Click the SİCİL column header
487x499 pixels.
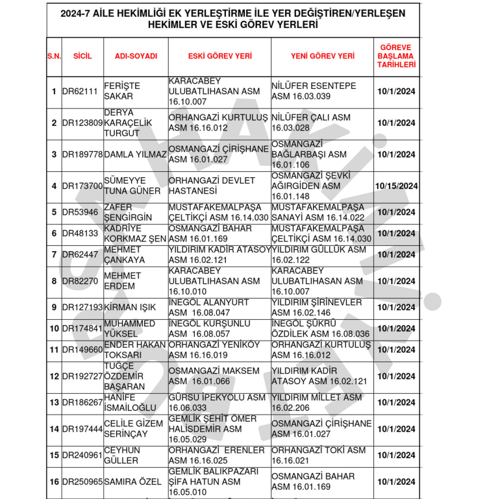[82, 56]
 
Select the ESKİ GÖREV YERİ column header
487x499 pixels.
[219, 56]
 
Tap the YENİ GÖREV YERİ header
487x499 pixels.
[323, 56]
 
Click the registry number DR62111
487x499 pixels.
[80, 91]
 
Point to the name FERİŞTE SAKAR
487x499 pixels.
[123, 91]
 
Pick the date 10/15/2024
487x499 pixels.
[396, 186]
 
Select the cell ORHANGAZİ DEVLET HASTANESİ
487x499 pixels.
[212, 186]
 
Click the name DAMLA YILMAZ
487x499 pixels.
[135, 154]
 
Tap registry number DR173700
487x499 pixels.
[82, 186]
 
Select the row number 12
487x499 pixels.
[54, 376]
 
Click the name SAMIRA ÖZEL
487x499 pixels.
[134, 482]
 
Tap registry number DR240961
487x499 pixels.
[82, 456]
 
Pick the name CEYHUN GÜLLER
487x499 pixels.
[121, 456]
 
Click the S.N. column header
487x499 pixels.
[54, 56]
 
